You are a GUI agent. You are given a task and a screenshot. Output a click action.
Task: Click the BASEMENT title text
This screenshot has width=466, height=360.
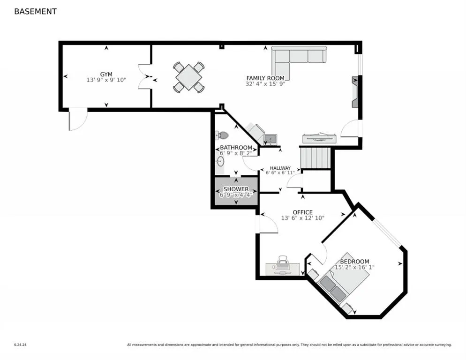[35, 11]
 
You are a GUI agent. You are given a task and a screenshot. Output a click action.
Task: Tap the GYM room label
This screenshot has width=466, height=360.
[106, 75]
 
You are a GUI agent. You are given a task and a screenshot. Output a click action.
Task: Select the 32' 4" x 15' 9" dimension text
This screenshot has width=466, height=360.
[265, 84]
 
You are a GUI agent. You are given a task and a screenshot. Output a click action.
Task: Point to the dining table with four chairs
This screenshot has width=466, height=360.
[188, 77]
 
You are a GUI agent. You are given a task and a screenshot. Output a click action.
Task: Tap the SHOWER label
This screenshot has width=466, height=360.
[236, 189]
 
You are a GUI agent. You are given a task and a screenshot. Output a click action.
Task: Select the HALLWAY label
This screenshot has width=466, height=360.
[280, 168]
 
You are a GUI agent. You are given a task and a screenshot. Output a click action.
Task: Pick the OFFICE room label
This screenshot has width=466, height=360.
[302, 212]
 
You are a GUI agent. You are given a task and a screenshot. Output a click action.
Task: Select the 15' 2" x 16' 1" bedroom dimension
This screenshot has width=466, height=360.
[354, 267]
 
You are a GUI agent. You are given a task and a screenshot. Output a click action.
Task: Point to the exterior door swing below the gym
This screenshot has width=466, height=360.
[77, 119]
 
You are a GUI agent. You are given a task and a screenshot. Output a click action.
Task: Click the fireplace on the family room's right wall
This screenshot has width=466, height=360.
[355, 92]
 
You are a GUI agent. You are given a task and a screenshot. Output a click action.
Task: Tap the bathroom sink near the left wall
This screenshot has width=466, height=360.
[220, 162]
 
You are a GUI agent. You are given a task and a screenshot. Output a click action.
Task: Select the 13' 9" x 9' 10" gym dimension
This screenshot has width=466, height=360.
[106, 81]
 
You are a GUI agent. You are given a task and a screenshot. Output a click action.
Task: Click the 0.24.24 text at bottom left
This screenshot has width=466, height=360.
[20, 345]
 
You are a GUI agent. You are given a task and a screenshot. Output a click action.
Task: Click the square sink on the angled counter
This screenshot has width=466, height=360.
[270, 139]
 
